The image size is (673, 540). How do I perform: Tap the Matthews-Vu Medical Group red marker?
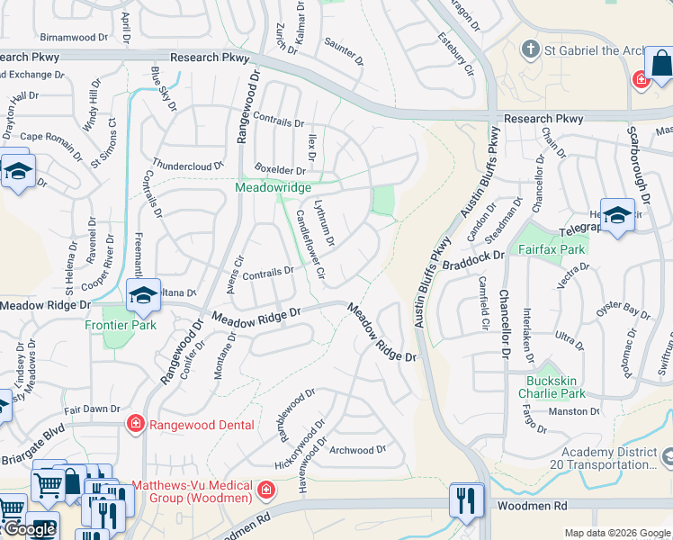click(266, 490)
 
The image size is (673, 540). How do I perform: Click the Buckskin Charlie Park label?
click(556, 387)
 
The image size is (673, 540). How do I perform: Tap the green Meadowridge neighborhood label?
click(273, 187)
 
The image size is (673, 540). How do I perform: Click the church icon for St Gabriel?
click(532, 49)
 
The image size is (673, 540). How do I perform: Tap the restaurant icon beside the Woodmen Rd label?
click(465, 499)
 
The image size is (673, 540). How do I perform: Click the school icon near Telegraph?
click(617, 215)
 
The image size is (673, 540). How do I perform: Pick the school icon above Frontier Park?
click(143, 294)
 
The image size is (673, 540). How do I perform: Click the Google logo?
click(30, 529)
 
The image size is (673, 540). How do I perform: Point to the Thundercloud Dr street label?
click(188, 166)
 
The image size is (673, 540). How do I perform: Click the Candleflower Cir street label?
click(310, 242)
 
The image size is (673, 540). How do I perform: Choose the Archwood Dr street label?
click(357, 450)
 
